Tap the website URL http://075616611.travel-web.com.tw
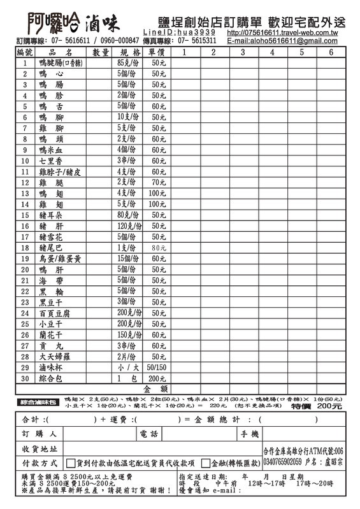pyautogui.click(x=282, y=32)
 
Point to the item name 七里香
pyautogui.click(x=51, y=161)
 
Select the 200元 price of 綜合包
pyautogui.click(x=157, y=378)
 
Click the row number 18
pyautogui.click(x=25, y=248)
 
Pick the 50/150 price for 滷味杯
pyautogui.click(x=157, y=368)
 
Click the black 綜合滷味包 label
pyautogui.click(x=38, y=403)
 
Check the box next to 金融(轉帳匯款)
pyautogui.click(x=206, y=463)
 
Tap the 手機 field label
pyautogui.click(x=250, y=434)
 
